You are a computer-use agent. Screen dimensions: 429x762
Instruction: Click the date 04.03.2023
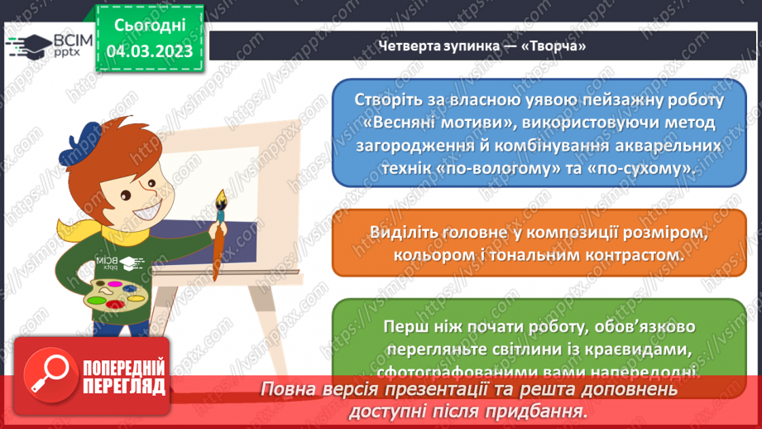click(149, 51)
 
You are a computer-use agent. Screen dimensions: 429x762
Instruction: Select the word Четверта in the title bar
click(405, 46)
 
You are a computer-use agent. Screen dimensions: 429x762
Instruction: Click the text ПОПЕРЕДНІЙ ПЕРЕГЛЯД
click(122, 377)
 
